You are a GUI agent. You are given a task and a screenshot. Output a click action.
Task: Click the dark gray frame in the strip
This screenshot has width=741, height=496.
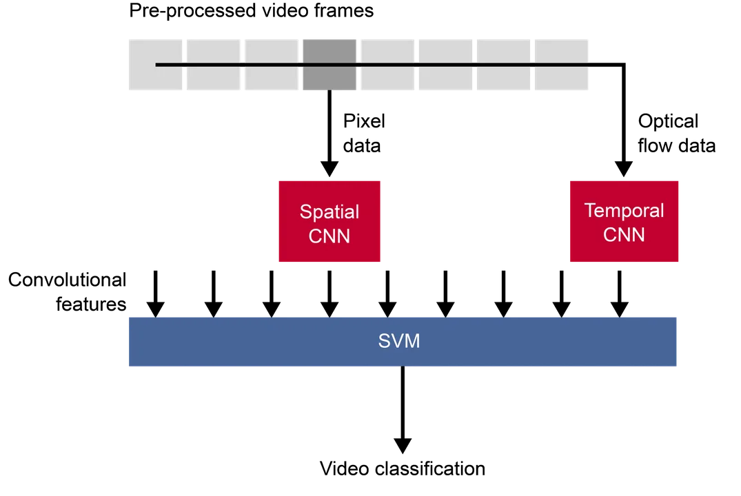[x=329, y=63]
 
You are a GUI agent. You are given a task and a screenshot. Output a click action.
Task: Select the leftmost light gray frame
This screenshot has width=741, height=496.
[x=155, y=63]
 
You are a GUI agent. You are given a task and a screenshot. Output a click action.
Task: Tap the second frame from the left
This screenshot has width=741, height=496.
[x=214, y=63]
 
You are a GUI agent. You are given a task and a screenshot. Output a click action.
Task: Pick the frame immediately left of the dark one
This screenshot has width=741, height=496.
[x=272, y=63]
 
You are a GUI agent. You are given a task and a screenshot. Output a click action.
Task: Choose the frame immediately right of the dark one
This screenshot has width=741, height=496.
[x=387, y=63]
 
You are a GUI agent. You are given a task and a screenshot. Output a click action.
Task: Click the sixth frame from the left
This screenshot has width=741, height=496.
[x=445, y=63]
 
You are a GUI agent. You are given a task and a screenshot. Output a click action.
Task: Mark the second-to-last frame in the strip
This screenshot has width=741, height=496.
[x=503, y=63]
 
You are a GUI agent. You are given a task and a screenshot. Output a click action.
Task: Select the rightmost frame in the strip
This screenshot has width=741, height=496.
[x=561, y=63]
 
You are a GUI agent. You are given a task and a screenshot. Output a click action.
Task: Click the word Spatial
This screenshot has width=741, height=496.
[x=329, y=211]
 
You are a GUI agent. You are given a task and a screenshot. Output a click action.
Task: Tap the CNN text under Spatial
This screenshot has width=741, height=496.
[x=329, y=236]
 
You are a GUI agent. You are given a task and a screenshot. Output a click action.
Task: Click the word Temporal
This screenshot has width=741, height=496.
[x=624, y=210]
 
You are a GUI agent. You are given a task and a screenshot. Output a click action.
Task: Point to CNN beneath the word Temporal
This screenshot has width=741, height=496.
[x=624, y=235]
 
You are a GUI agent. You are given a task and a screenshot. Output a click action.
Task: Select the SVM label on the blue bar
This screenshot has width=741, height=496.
[x=398, y=341]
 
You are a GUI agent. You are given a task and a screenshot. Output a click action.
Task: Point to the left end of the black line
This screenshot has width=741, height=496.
[x=156, y=64]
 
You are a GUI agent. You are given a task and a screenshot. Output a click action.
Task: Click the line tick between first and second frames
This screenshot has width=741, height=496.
[x=185, y=64]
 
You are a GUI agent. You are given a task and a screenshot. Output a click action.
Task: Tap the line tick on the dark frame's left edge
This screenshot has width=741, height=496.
[x=301, y=64]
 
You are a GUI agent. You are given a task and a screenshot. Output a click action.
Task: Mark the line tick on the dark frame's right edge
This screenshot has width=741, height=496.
[x=358, y=64]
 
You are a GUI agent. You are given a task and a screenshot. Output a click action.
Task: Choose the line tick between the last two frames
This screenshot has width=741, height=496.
[x=532, y=64]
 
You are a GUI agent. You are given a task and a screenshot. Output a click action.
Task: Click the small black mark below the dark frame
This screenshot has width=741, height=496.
[x=329, y=92]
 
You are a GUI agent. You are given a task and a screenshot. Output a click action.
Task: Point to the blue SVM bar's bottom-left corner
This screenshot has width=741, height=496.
[x=128, y=367]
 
